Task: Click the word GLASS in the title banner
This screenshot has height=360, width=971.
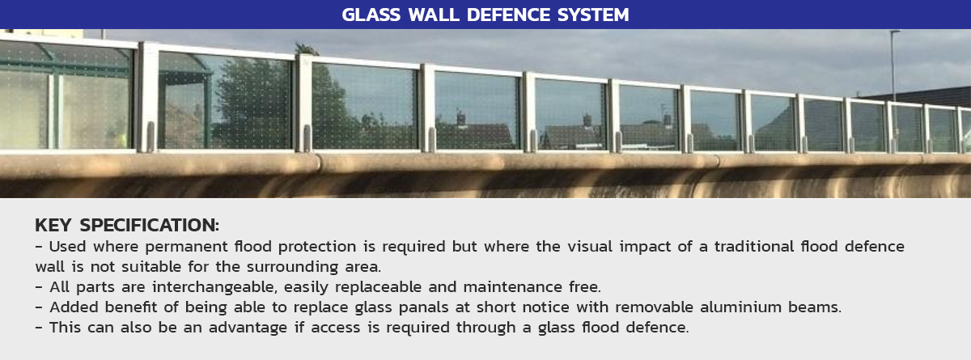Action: coord(371,15)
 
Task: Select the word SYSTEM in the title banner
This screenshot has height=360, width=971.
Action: coord(593,15)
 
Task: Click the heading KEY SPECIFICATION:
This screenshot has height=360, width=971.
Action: coord(127,225)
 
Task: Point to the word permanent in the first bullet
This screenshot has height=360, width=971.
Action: coord(186,247)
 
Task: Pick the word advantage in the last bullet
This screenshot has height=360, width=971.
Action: coord(248,328)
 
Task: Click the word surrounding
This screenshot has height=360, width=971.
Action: coord(292,267)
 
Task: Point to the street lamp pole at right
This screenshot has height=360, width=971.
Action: coord(893,65)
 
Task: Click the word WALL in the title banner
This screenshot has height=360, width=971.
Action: coord(434,15)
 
